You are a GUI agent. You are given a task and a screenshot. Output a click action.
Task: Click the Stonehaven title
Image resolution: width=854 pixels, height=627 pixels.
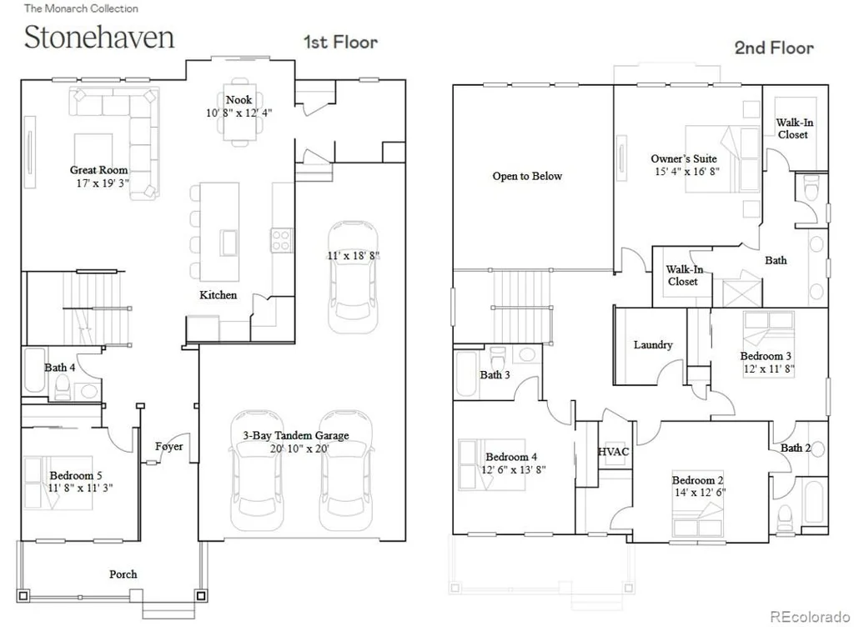click(x=99, y=38)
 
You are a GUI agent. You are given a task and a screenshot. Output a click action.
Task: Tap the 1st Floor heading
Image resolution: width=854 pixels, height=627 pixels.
click(x=340, y=42)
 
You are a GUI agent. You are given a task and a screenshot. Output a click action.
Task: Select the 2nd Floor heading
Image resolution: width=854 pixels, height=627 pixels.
click(x=774, y=48)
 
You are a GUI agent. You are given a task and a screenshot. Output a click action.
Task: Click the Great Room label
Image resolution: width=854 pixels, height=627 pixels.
click(x=98, y=170)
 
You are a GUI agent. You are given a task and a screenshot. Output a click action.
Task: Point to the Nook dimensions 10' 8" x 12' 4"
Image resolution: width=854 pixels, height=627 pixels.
click(x=239, y=113)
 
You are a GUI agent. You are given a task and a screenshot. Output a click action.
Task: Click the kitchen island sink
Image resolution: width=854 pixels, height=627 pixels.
click(x=229, y=243)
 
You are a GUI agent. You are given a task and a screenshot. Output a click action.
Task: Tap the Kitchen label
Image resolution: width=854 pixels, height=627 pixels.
click(x=218, y=295)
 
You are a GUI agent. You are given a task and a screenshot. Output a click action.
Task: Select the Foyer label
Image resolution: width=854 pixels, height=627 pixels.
click(x=168, y=446)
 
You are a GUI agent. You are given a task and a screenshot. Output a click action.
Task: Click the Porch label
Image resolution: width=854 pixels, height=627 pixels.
click(x=123, y=574)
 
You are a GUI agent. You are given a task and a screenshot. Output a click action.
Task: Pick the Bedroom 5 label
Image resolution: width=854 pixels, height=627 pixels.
click(x=76, y=475)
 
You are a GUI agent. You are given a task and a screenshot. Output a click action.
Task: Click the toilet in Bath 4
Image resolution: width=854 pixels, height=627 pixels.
click(x=62, y=386)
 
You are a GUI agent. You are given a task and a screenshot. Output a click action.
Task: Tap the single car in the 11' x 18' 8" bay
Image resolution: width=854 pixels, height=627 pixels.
click(x=353, y=277)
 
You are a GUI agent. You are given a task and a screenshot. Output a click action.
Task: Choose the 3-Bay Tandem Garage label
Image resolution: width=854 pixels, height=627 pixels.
click(x=296, y=435)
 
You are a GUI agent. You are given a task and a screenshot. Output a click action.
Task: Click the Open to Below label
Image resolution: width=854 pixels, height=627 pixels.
click(x=527, y=176)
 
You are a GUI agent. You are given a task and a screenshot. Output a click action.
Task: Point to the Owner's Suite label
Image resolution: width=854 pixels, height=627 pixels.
click(x=684, y=159)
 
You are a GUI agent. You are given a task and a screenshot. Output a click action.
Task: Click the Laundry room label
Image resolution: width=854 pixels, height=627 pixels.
click(x=653, y=344)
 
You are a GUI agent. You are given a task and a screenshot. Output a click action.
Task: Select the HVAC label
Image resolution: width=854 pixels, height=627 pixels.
click(x=613, y=452)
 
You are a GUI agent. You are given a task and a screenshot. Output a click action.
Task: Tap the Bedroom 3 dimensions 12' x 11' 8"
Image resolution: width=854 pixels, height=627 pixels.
click(x=768, y=369)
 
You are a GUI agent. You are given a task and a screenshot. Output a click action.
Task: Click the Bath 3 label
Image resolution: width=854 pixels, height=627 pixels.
click(x=495, y=374)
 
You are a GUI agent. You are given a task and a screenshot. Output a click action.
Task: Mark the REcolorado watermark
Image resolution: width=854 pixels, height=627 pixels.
click(x=810, y=617)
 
